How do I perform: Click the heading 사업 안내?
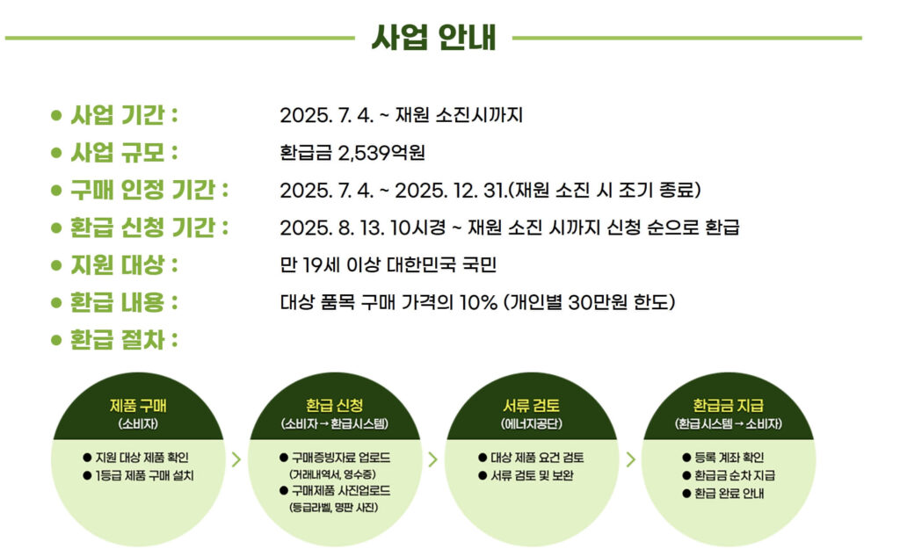click(x=433, y=37)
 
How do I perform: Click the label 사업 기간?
click(x=123, y=115)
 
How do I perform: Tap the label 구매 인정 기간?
click(x=149, y=190)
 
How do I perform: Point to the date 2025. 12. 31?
click(x=452, y=191)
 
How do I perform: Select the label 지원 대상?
click(x=123, y=264)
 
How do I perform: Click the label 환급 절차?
click(x=123, y=339)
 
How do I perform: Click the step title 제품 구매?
click(x=138, y=406)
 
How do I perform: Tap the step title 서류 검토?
click(x=525, y=406)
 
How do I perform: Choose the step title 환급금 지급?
click(x=729, y=406)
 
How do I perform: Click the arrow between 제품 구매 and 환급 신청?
click(x=236, y=458)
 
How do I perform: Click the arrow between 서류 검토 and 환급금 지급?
click(x=630, y=458)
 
